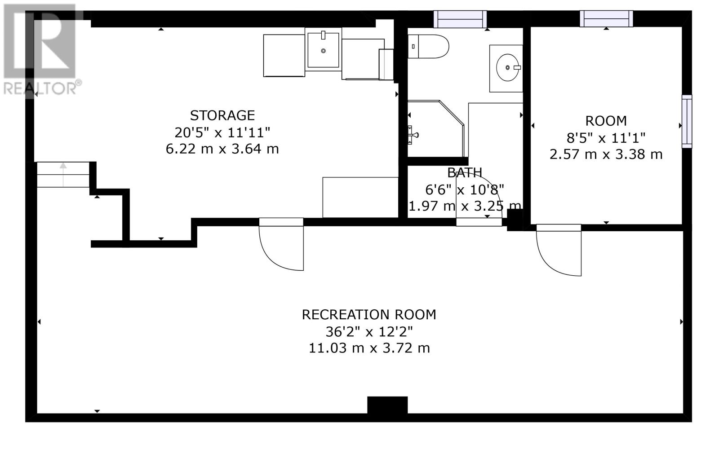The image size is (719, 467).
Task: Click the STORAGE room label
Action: [x=222, y=115]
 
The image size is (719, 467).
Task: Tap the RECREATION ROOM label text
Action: [x=369, y=315]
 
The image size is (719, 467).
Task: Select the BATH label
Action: [x=465, y=173]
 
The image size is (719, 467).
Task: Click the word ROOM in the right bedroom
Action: [x=606, y=121]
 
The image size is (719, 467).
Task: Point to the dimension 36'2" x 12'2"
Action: [x=369, y=332]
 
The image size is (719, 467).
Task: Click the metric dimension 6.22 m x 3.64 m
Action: [x=222, y=149]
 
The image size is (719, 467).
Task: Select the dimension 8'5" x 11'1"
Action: [x=606, y=138]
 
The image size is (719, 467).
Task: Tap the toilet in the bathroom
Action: [x=428, y=47]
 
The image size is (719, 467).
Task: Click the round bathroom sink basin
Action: [x=507, y=67]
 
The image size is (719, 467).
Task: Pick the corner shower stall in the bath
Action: [x=436, y=128]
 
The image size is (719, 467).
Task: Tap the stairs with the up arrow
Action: [x=63, y=175]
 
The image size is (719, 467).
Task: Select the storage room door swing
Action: [x=281, y=244]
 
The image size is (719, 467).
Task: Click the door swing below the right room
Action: [x=559, y=250]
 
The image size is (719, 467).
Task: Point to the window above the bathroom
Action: [x=460, y=19]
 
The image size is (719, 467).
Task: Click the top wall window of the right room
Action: [x=606, y=18]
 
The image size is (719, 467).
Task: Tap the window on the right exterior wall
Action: [x=687, y=121]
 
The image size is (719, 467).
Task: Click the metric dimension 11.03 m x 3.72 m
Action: [x=369, y=348]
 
